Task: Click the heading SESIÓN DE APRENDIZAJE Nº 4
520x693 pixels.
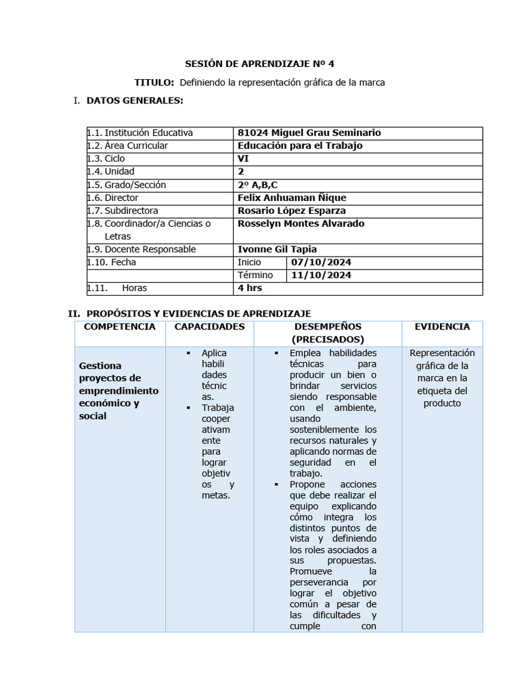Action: click(x=259, y=64)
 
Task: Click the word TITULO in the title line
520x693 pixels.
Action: click(x=154, y=83)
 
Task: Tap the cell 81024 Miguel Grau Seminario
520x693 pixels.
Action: click(x=309, y=133)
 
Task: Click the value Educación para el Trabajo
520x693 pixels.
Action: click(x=300, y=146)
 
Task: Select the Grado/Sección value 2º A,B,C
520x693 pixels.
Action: click(x=258, y=185)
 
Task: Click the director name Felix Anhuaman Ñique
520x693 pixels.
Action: click(x=292, y=198)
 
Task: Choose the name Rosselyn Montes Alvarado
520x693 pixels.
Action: click(x=301, y=223)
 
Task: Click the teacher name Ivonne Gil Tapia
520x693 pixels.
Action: click(x=278, y=249)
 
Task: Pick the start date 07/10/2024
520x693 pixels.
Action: click(x=322, y=262)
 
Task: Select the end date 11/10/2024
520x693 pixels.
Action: click(x=322, y=275)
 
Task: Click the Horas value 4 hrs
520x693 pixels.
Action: click(x=250, y=288)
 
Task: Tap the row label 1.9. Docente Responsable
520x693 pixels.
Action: click(x=142, y=249)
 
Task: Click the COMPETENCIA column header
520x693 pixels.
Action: click(x=119, y=327)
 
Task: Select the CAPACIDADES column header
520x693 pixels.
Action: click(x=209, y=327)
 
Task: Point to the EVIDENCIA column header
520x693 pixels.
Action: click(x=441, y=327)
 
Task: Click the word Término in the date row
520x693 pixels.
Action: click(x=255, y=275)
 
